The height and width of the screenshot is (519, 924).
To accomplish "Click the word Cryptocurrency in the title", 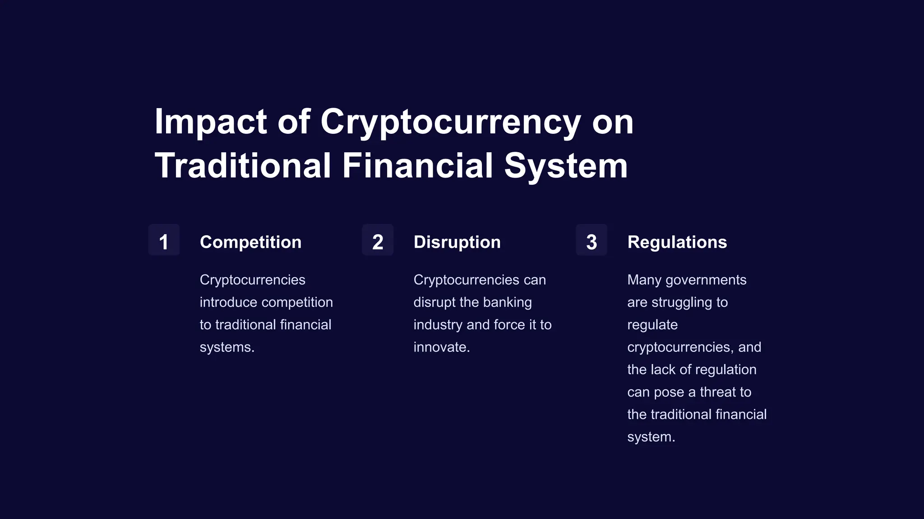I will [x=450, y=122].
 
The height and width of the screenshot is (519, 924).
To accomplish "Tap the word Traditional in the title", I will [x=243, y=165].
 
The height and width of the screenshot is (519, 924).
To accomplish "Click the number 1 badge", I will [x=164, y=241].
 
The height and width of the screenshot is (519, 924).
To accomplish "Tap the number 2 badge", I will [x=378, y=241].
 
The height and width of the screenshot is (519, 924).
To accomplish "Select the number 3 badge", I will [x=591, y=241].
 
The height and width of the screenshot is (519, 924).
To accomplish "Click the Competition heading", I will [x=250, y=242].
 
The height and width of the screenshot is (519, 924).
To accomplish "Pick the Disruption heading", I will [x=457, y=242].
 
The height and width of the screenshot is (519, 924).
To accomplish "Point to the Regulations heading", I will [x=677, y=242].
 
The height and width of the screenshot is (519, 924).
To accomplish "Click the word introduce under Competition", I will [x=229, y=302].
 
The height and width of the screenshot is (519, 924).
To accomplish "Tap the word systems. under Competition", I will [x=227, y=347].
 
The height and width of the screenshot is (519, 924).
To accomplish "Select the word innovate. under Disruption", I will [x=442, y=347].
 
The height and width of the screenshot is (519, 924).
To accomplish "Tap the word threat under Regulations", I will [x=718, y=392].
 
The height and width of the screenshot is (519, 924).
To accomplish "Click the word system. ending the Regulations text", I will [x=651, y=437].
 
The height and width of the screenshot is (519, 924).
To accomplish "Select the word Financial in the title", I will [x=417, y=165].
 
